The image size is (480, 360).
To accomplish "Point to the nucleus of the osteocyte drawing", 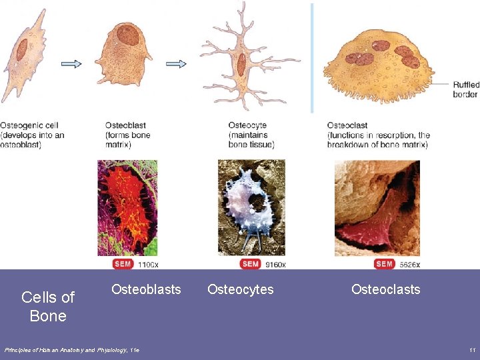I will click(241, 65).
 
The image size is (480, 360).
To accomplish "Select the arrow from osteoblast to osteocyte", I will click(176, 64).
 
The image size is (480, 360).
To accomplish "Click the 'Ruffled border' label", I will click(465, 89).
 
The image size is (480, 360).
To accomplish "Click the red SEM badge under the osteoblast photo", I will click(123, 264).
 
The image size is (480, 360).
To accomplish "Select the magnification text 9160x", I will click(275, 265).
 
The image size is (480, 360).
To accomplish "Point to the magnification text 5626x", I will click(409, 265).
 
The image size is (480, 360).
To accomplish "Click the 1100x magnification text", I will click(147, 265).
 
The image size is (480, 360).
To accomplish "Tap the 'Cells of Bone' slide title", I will click(48, 306).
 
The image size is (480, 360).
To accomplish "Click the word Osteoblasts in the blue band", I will click(146, 289).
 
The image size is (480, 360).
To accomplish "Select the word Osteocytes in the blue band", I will click(240, 289).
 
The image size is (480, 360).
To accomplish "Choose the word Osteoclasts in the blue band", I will click(385, 289).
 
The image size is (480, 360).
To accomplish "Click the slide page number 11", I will click(472, 350).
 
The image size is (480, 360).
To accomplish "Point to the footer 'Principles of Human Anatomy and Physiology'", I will click(72, 350).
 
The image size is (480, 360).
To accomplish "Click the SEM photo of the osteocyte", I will click(251, 207).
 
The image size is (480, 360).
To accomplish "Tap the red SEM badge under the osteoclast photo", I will click(385, 264).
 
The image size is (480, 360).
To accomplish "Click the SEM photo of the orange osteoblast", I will click(127, 207).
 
